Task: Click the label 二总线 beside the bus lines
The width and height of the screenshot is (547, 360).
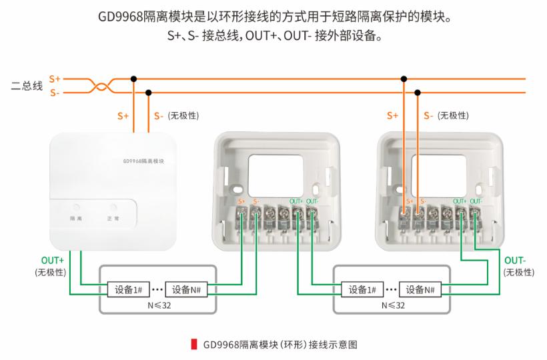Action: pos(27,86)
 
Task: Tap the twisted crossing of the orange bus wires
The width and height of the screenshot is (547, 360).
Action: pos(101,86)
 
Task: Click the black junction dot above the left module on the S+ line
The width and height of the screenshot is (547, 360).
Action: pos(134,79)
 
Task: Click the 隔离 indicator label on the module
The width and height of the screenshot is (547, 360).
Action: pos(76,219)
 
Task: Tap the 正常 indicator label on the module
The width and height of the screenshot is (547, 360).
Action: pos(113,219)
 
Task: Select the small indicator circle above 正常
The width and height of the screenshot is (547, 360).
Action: pos(113,207)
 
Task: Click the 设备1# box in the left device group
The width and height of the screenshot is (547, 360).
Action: pos(127,289)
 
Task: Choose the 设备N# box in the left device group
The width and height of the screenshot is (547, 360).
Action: pos(189,289)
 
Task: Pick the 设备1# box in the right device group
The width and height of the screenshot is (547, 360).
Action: pos(362,289)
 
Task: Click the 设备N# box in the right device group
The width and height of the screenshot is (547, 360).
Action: pos(424,289)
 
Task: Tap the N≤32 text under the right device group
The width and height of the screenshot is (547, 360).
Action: pos(394,305)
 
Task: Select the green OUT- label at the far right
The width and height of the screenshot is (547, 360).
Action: pos(516,260)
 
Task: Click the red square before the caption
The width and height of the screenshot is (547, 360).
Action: pos(194,345)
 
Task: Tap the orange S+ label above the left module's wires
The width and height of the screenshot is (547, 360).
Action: pos(123,116)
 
